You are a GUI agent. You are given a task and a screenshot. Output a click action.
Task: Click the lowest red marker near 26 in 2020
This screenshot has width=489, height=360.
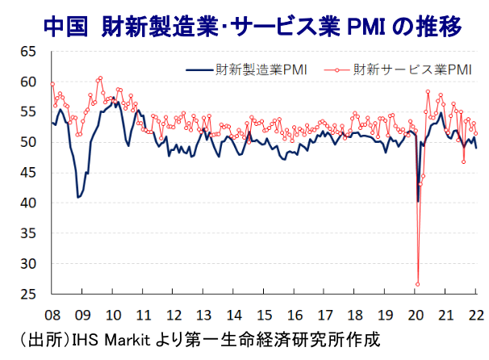(x=418, y=283)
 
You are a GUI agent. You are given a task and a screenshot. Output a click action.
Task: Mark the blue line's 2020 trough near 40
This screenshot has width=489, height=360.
(x=418, y=201)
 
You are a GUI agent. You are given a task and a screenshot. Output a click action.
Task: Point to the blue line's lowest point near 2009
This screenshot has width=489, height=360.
(x=78, y=197)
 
